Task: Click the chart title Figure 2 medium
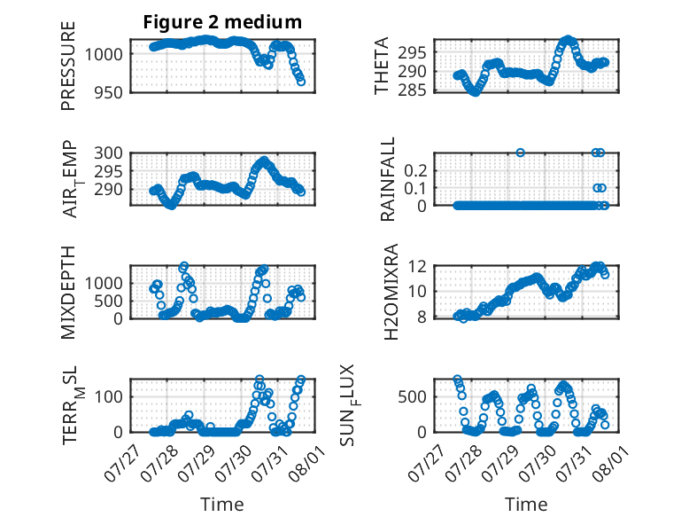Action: point(222,22)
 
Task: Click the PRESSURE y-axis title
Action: point(68,66)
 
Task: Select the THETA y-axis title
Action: point(382,66)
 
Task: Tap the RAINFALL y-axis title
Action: point(388,179)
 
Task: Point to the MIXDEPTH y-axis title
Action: point(68,292)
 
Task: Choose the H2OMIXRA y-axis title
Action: point(391,292)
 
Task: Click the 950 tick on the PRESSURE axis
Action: point(109,93)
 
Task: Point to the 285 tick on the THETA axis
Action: point(412,90)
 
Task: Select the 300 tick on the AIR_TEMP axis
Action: point(109,153)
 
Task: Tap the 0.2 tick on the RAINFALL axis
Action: point(415,171)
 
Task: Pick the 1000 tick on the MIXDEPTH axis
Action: point(104,284)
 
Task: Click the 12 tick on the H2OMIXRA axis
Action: point(417,266)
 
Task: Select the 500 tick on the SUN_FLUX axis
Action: point(412,397)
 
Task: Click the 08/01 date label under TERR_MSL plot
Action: point(306,461)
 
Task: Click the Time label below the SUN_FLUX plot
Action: point(526,505)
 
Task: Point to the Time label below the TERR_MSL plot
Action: point(222,505)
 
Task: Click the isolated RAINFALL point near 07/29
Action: point(520,153)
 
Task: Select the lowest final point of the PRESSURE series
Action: point(301,82)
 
